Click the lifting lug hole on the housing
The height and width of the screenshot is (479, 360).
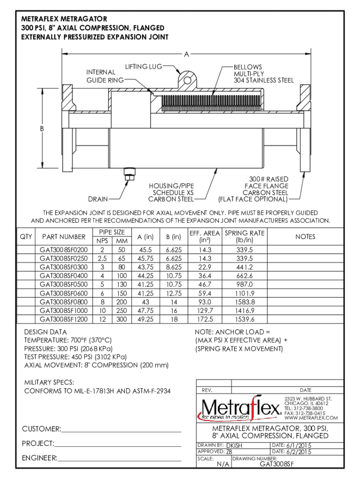pos(187,80)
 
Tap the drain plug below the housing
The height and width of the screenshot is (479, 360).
pos(130,174)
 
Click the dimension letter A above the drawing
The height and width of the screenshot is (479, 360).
pos(187,54)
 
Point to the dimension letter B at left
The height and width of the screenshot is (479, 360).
pos(42,129)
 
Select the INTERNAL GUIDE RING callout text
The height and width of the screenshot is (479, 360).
pos(105,76)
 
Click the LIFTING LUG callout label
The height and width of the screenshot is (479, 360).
pos(144,66)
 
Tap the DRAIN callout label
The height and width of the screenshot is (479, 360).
pos(98,199)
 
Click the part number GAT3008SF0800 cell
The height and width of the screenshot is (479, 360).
pos(64,302)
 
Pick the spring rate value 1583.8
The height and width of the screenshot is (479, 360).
pos(245,302)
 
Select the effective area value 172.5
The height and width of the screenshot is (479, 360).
pos(205,319)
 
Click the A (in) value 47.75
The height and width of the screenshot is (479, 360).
pos(145,311)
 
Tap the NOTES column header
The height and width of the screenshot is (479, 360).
pos(305,237)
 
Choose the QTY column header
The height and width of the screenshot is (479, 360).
pos(26,237)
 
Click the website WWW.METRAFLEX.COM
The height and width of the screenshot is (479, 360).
pos(311,418)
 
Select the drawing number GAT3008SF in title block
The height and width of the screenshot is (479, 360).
pos(277,464)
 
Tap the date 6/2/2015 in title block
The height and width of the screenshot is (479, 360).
pos(299,452)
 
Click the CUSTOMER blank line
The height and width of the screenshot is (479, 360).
pos(121,432)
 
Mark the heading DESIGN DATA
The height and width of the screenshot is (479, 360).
pos(45,332)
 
